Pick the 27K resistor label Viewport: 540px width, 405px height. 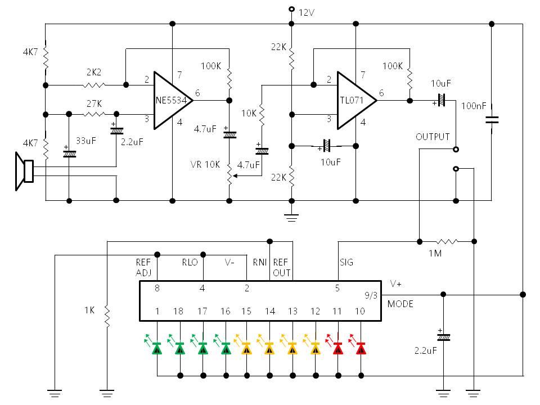coord(93,103)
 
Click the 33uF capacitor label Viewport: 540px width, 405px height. coord(86,141)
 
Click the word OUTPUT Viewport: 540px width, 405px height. coord(433,137)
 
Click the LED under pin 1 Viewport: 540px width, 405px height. coord(157,349)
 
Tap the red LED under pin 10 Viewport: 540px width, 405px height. coord(361,349)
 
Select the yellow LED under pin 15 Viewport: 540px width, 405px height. coord(246,349)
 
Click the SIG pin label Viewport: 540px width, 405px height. coord(347,263)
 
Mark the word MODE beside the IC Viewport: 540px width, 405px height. coord(400,304)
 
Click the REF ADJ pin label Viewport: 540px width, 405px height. coord(143,268)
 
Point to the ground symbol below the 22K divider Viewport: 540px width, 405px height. coord(291,218)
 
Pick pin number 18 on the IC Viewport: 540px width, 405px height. coord(179,311)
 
